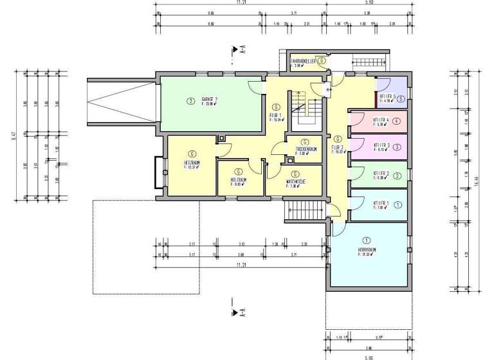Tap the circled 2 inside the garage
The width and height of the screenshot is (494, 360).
coord(190,100)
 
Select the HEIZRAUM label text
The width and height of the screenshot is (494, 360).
coord(192,163)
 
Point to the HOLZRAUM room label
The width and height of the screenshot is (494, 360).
coord(239,179)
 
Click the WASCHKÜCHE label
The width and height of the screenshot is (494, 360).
coord(295,181)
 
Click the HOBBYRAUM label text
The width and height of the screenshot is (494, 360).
coord(367,249)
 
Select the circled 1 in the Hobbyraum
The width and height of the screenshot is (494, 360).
coord(367,240)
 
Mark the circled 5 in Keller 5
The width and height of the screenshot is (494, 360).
coord(400,99)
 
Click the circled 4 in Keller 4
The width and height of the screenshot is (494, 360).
coord(397,121)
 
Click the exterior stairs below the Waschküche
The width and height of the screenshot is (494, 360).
coord(298,209)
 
